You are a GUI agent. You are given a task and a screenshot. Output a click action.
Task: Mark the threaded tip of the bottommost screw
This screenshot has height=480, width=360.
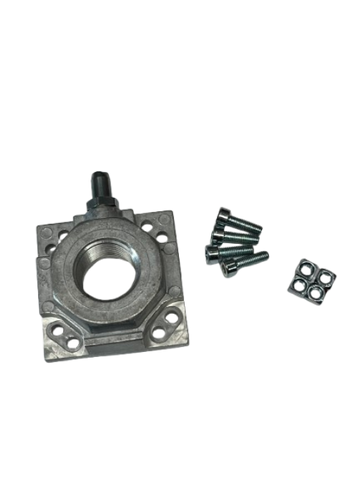click(266, 254)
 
